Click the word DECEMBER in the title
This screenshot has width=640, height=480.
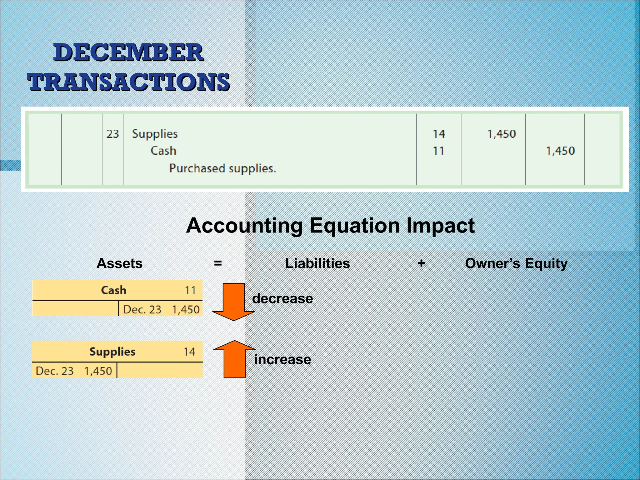tap(128, 52)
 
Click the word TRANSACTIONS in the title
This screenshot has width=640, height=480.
tap(128, 82)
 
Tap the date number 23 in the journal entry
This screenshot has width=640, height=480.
tap(112, 134)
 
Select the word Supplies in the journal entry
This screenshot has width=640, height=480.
tap(155, 134)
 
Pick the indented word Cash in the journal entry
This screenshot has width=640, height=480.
tap(163, 151)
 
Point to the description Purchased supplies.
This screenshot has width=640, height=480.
tap(222, 168)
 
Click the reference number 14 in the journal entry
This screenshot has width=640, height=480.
tap(439, 134)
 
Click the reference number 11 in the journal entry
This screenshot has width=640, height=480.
tap(438, 151)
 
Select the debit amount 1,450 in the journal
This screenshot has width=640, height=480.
tap(501, 134)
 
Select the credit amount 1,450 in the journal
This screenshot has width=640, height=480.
tap(560, 151)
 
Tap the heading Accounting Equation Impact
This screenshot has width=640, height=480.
tap(330, 226)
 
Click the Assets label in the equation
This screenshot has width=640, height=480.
tap(119, 263)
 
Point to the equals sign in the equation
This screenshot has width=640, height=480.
tap(218, 263)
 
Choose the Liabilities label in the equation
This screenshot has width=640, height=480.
tap(317, 263)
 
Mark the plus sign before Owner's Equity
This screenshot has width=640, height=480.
tap(421, 263)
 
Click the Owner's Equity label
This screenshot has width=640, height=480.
tap(516, 263)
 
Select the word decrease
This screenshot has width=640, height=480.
tap(282, 299)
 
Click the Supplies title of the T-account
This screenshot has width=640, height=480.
tap(112, 352)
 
